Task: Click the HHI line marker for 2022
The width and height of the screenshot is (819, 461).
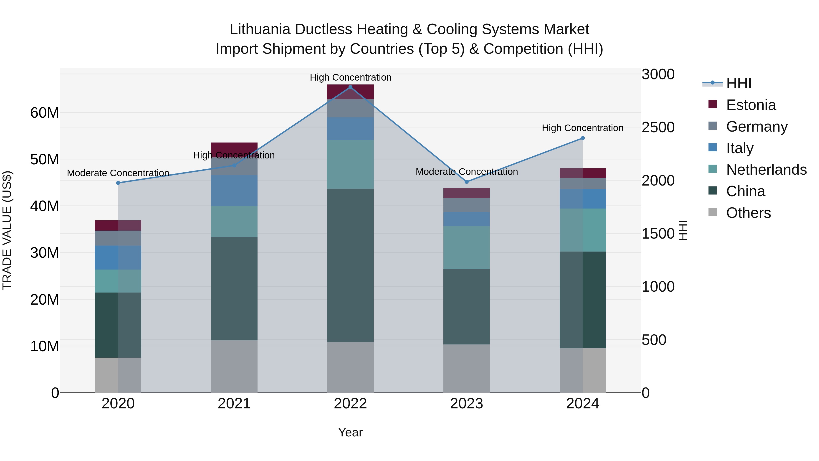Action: pyautogui.click(x=350, y=87)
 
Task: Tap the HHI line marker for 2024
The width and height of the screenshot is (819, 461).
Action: pyautogui.click(x=583, y=138)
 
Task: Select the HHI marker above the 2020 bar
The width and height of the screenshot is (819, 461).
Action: pyautogui.click(x=118, y=183)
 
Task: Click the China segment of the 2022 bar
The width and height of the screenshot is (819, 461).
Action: pyautogui.click(x=350, y=265)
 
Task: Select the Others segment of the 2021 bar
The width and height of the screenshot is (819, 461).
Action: pyautogui.click(x=234, y=366)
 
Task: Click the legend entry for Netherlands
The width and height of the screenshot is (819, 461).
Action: pyautogui.click(x=766, y=170)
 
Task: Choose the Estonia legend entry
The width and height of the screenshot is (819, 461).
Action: pyautogui.click(x=751, y=105)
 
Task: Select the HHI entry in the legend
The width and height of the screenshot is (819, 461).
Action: pyautogui.click(x=738, y=83)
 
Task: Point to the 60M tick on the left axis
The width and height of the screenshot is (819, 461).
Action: pyautogui.click(x=45, y=113)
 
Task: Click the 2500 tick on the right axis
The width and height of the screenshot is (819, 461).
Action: pyautogui.click(x=658, y=127)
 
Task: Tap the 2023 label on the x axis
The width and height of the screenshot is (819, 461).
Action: pyautogui.click(x=466, y=404)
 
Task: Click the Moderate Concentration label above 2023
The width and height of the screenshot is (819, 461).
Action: pyautogui.click(x=466, y=172)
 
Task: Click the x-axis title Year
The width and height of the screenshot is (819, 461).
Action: pyautogui.click(x=350, y=432)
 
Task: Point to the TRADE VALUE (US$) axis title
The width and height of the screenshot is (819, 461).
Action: pyautogui.click(x=7, y=230)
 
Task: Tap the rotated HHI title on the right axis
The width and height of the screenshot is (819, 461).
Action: pyautogui.click(x=683, y=230)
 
